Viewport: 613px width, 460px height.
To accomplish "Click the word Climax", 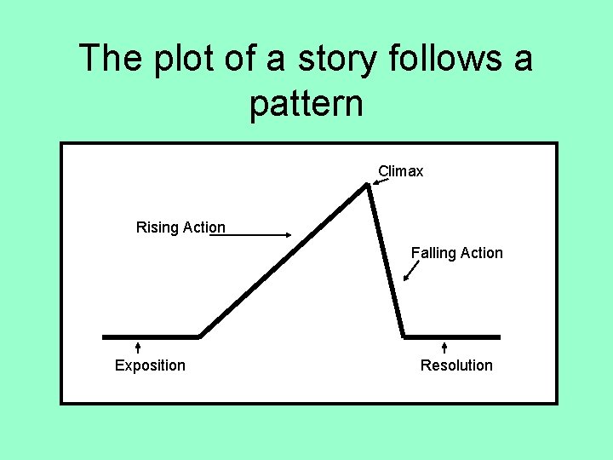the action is coord(400,171).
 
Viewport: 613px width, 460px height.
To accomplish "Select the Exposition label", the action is coord(150,365).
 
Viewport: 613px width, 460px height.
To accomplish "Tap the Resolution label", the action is coord(456,365).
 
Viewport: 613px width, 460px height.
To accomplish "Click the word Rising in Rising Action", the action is coord(157,227).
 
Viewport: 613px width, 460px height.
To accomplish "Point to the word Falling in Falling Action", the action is coord(434,253).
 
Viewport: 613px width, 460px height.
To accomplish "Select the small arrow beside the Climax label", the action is coord(380,181).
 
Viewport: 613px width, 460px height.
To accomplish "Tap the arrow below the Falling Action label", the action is coord(411,270).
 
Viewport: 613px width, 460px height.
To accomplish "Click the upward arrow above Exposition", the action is coord(138,347).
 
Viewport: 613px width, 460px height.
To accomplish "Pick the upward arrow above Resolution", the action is coord(444,347).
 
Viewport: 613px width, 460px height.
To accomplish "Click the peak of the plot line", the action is coord(367,186).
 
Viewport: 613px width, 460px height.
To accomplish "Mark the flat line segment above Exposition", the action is coord(151,336).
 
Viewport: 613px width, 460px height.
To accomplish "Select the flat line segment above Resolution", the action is coord(452,336).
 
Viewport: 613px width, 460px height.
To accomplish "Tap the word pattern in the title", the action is coord(306,104).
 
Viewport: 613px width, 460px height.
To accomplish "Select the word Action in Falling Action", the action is coord(481,253).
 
